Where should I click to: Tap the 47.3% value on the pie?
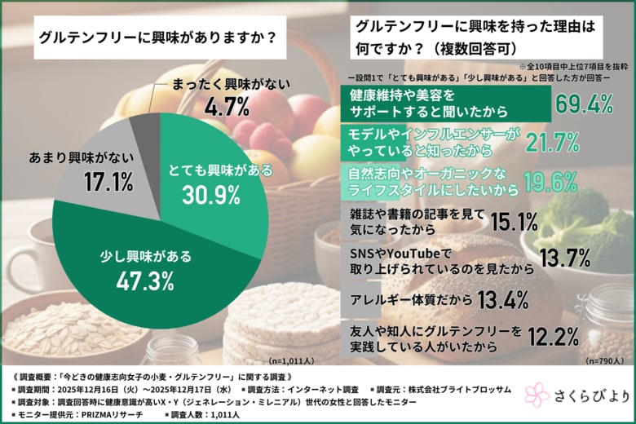pos(144,280)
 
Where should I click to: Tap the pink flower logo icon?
pos(537,395)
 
